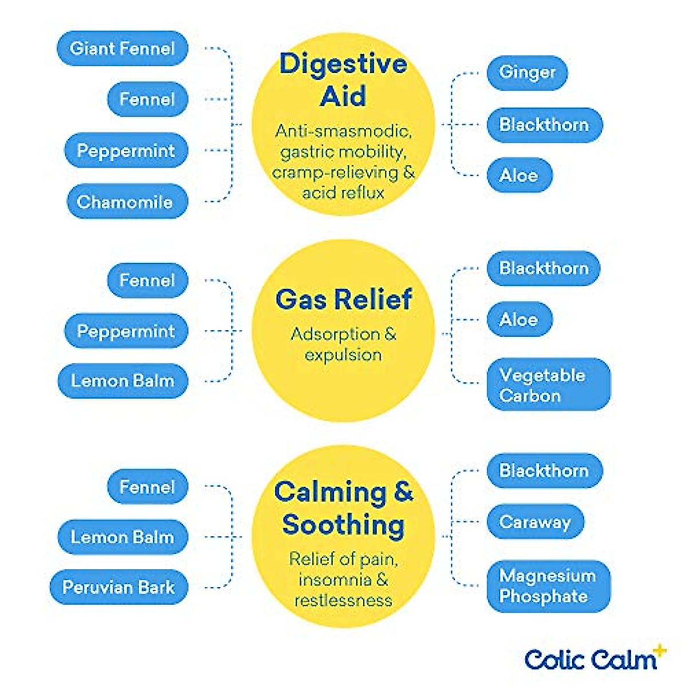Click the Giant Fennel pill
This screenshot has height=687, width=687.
[x=123, y=48]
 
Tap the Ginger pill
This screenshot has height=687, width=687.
[x=527, y=72]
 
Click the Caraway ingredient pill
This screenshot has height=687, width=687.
[x=535, y=522]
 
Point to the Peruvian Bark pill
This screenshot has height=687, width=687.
[x=119, y=587]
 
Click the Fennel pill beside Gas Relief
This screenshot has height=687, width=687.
[x=147, y=280]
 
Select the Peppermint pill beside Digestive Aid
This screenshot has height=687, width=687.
[x=126, y=151]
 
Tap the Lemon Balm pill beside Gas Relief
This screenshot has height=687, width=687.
[x=123, y=381]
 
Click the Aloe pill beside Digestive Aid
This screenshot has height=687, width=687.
[x=519, y=175]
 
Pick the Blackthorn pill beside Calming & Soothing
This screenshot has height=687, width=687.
[x=544, y=471]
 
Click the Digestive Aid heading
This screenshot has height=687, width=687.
[x=343, y=80]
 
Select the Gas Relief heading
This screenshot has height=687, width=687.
[x=343, y=299]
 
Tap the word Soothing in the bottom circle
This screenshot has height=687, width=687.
[x=343, y=524]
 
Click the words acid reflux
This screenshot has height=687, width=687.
[x=343, y=193]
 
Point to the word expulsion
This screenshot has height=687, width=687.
[x=343, y=355]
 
